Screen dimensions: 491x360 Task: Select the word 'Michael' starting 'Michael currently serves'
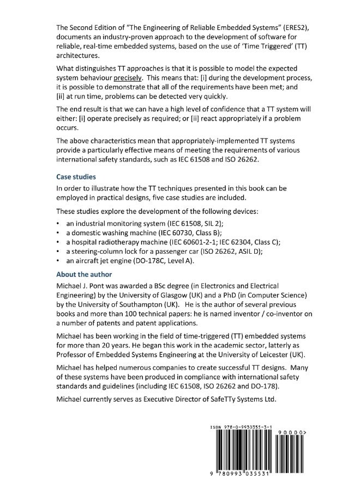70,414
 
